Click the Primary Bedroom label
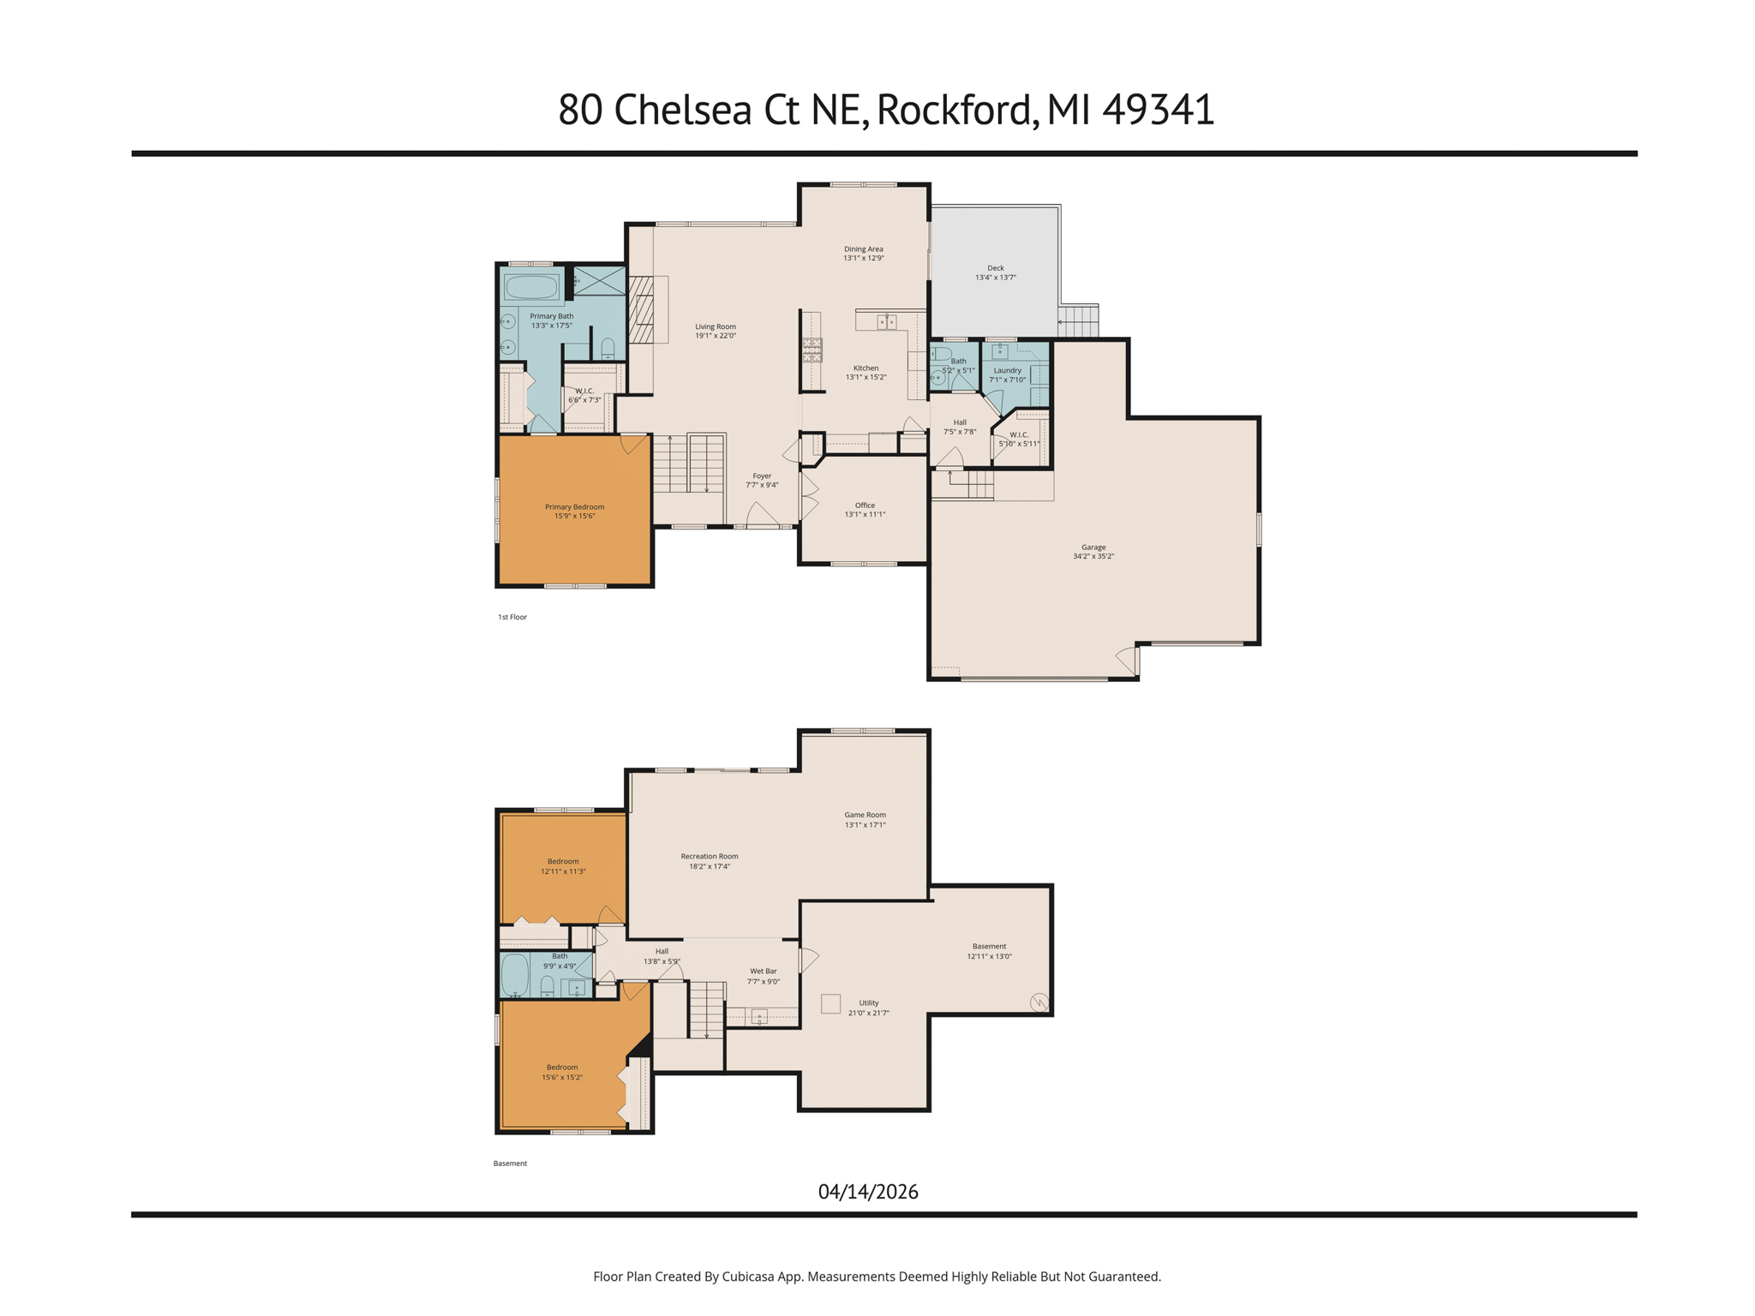click(574, 507)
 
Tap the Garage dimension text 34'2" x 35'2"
click(1093, 557)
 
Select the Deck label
click(995, 268)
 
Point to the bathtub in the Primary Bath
click(531, 287)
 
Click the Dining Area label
click(863, 249)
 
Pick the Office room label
click(865, 505)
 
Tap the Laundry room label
click(1007, 371)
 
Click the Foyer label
click(762, 476)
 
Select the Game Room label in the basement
click(865, 816)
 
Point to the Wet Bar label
click(763, 972)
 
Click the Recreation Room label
click(710, 857)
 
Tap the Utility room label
click(869, 1003)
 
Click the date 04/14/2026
click(868, 1192)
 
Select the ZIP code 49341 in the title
click(1158, 110)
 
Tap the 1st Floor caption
click(512, 617)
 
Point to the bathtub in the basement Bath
click(515, 974)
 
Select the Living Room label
click(716, 326)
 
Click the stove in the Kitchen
click(812, 349)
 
